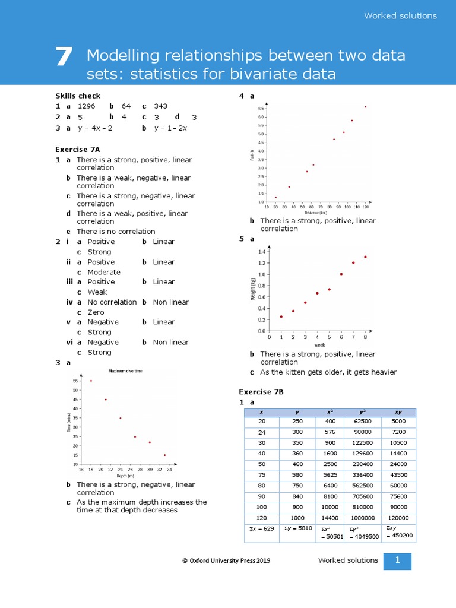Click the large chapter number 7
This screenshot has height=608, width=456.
[64, 58]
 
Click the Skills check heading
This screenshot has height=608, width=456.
[78, 96]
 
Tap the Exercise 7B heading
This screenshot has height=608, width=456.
[261, 392]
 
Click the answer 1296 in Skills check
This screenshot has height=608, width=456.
[87, 106]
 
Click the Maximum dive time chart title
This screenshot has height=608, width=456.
[125, 371]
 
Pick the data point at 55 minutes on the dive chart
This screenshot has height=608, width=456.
[91, 381]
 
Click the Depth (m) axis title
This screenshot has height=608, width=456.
[125, 476]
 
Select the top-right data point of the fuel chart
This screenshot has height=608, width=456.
[365, 107]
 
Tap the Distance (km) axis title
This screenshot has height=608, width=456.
[315, 213]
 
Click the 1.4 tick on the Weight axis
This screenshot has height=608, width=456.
[262, 252]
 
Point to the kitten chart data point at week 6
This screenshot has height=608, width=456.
[341, 274]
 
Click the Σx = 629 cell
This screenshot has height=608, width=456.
[262, 528]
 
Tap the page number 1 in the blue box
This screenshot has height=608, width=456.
[397, 560]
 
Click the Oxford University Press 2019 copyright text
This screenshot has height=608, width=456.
[226, 560]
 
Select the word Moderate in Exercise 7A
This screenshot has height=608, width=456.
[104, 272]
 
